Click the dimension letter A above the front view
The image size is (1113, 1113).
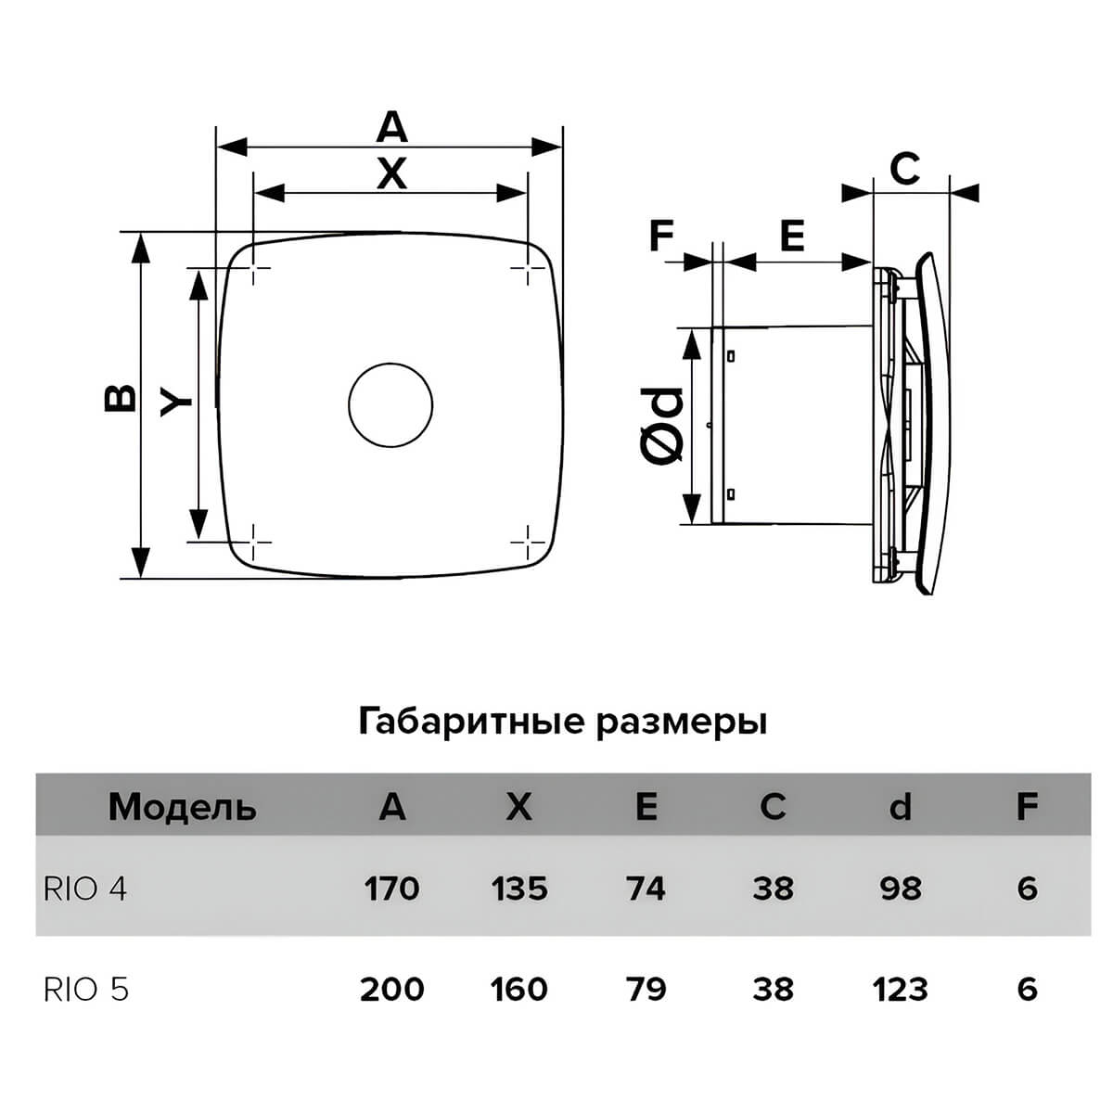point(391,127)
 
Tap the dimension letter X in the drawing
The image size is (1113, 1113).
point(391,173)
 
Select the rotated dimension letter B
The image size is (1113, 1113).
point(121,397)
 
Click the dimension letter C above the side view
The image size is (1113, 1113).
point(903,169)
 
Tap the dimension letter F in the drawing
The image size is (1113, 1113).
point(661,236)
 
